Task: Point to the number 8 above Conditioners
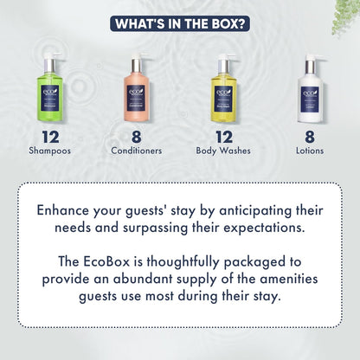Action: click(138, 136)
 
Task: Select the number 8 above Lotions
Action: click(312, 136)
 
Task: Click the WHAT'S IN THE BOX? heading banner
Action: click(180, 21)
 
